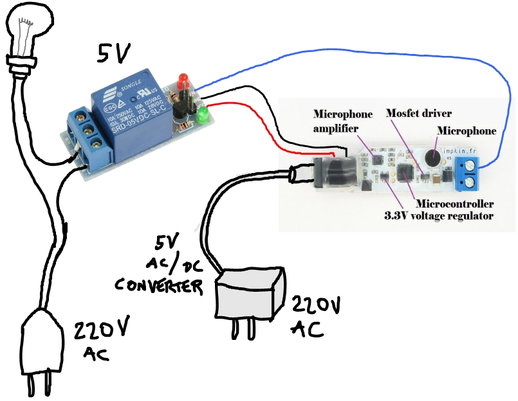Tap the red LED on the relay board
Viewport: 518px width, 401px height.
pyautogui.click(x=183, y=80)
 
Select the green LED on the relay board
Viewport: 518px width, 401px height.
pyautogui.click(x=205, y=116)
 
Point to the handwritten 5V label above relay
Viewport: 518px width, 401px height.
pyautogui.click(x=116, y=55)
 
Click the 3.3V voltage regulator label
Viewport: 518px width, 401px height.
pyautogui.click(x=439, y=216)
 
